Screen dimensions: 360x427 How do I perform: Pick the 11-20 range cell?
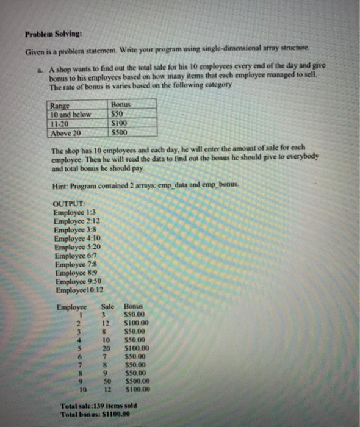(x=62, y=122)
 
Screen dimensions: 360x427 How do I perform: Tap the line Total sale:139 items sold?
(x=98, y=405)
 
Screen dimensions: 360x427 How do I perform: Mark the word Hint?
(x=62, y=185)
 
